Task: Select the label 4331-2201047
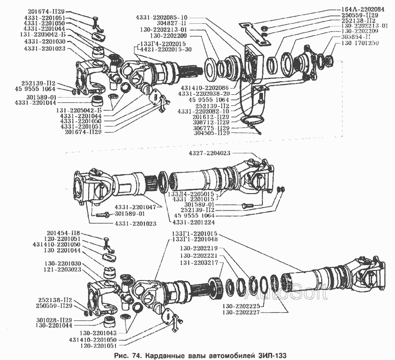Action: click(x=136, y=206)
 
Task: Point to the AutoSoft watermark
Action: click(x=285, y=294)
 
